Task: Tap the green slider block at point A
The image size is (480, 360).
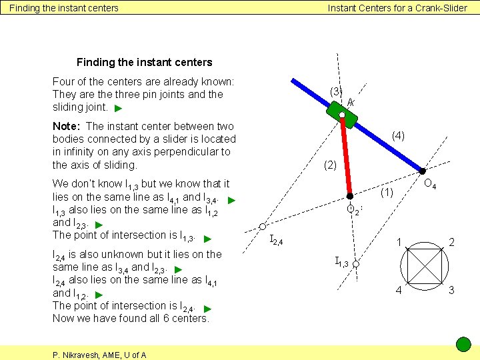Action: tap(342, 115)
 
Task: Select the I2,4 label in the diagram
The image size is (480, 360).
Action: tap(276, 240)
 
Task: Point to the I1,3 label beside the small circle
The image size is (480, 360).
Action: tap(342, 261)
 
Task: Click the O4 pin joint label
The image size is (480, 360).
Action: tap(430, 184)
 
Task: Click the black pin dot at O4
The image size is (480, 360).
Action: tap(422, 171)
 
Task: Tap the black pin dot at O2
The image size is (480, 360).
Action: tap(349, 197)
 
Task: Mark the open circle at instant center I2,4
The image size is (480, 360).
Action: tap(263, 227)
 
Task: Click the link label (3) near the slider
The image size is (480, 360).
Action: tap(336, 91)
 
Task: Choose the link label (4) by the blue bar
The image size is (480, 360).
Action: tap(398, 135)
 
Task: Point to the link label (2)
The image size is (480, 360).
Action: tap(330, 165)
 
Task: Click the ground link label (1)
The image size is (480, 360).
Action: tap(387, 193)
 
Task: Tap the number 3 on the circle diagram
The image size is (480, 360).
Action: tap(451, 290)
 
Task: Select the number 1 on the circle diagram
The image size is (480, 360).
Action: tap(399, 242)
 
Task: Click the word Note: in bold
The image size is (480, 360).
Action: tap(67, 126)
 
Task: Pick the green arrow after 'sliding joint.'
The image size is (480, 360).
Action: tap(118, 108)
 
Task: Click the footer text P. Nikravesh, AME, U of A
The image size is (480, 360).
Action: tap(99, 355)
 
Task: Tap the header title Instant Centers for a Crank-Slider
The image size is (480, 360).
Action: tap(397, 8)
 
